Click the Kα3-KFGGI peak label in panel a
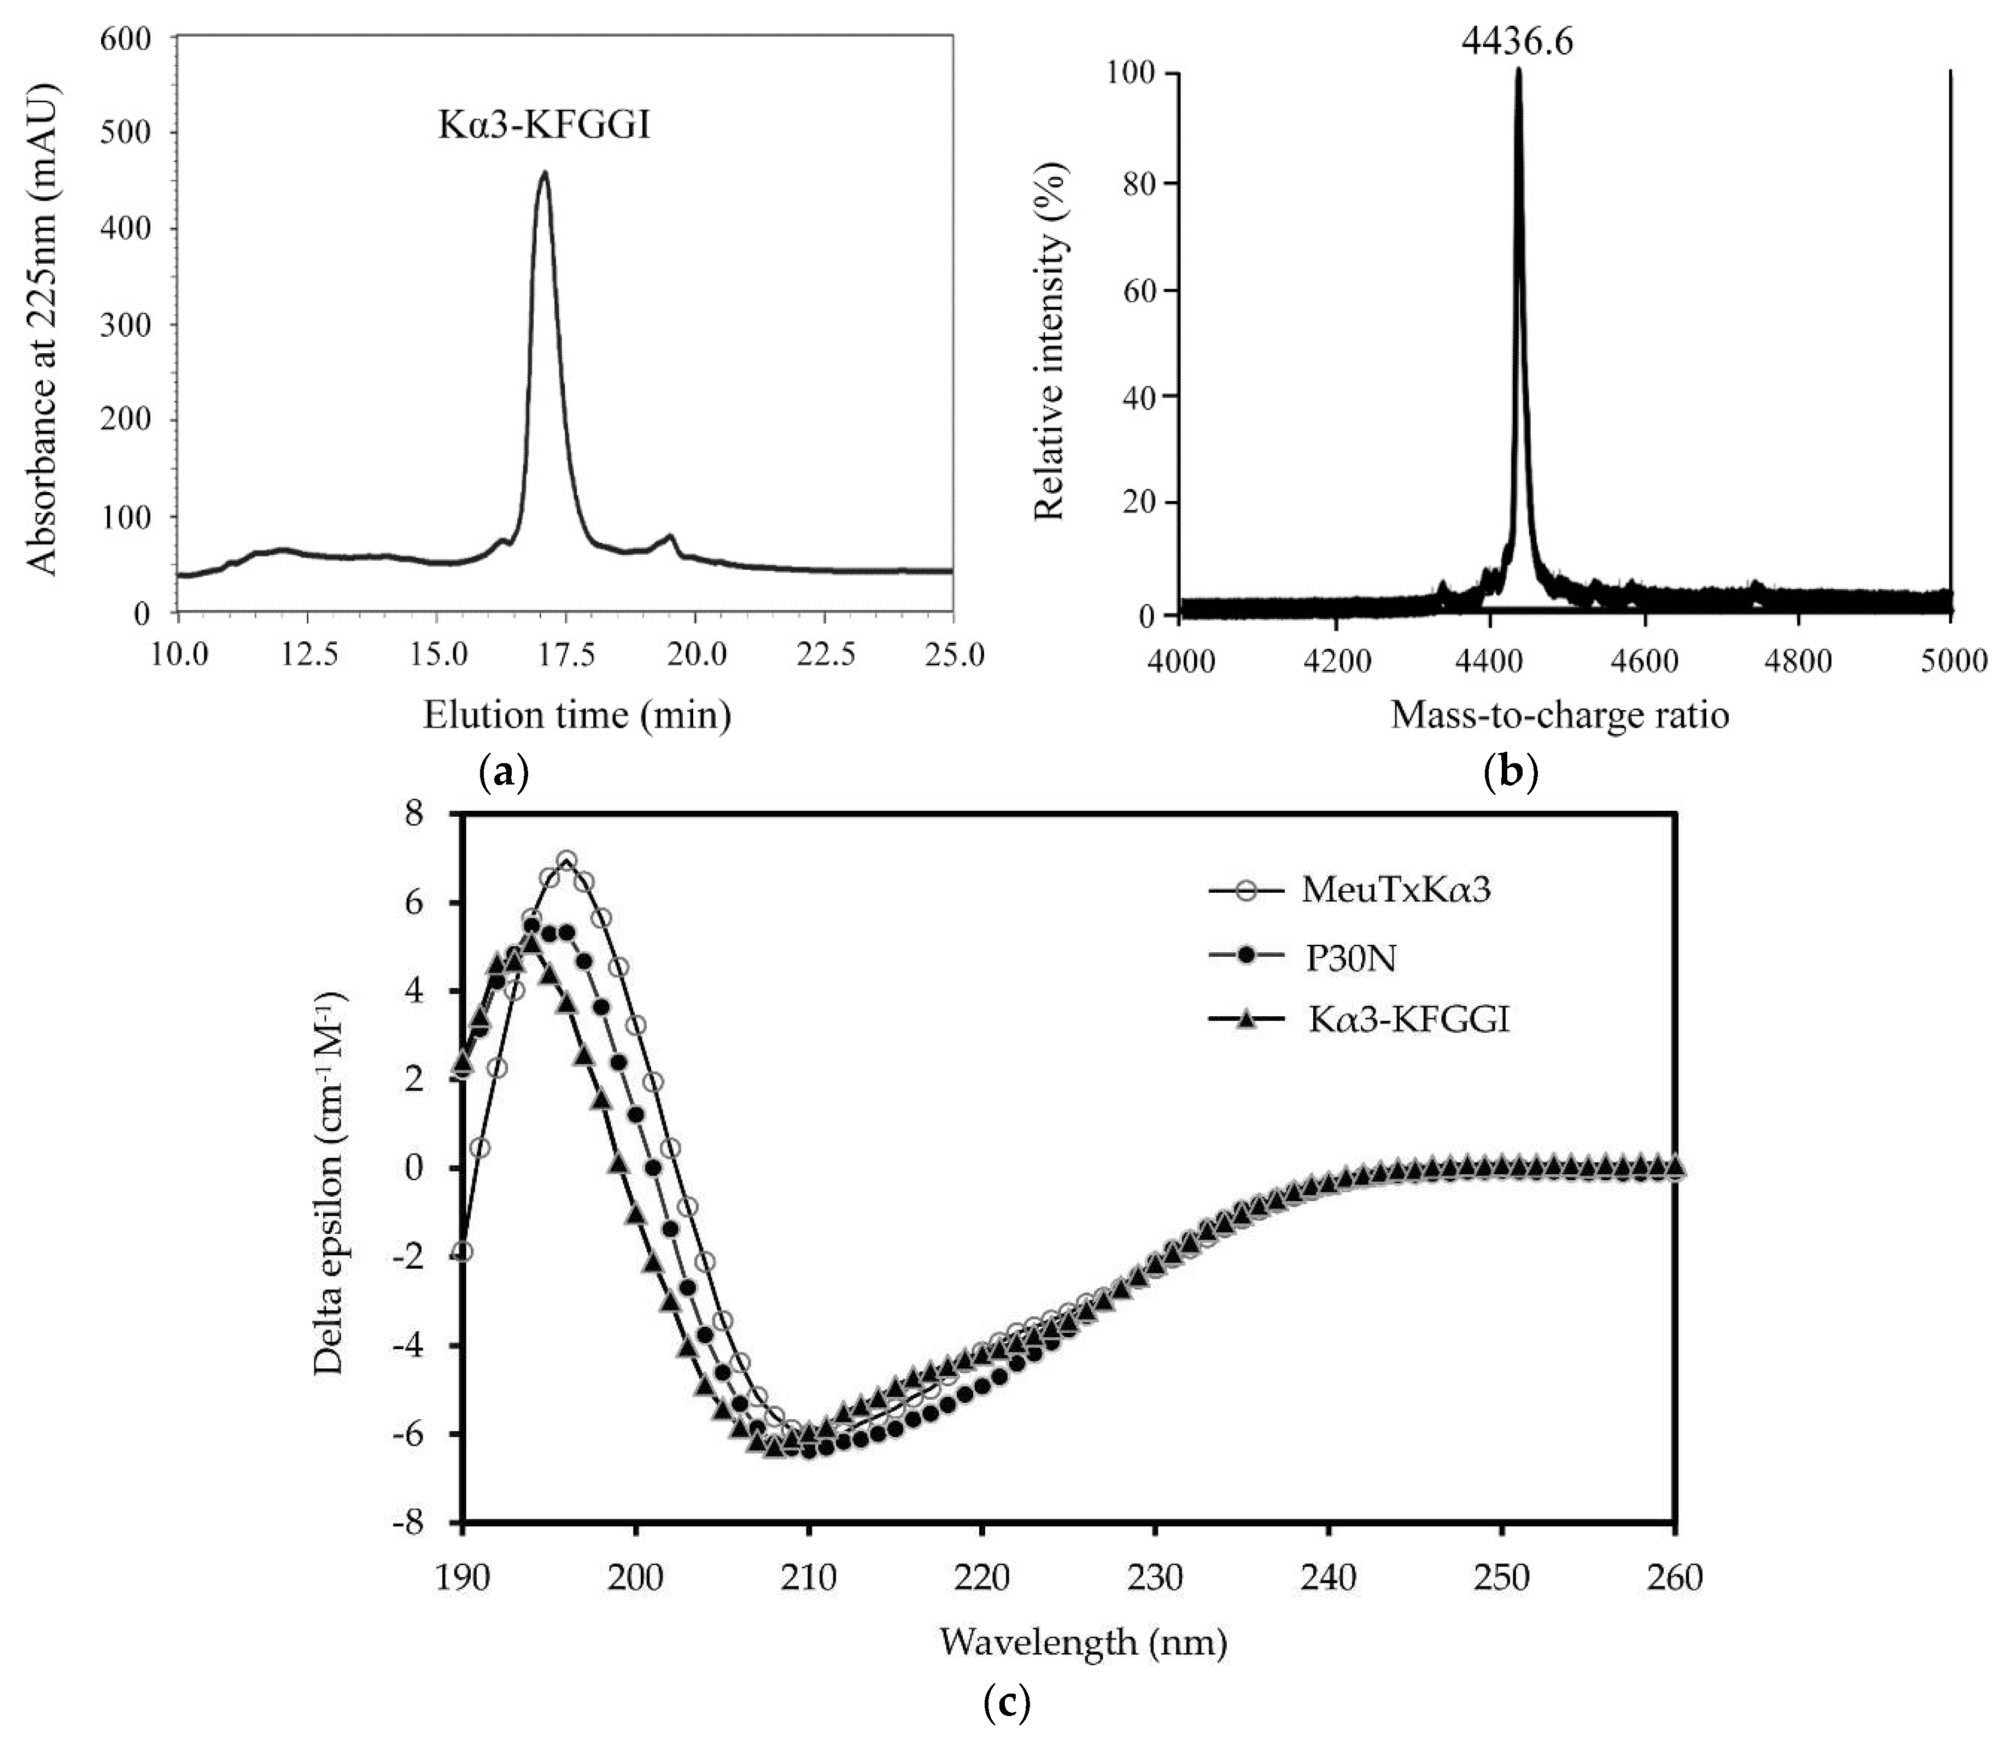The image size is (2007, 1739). (x=543, y=126)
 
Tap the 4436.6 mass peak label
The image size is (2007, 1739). (x=1517, y=41)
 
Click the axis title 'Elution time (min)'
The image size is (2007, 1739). (x=576, y=715)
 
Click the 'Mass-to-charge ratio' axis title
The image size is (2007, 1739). (x=1560, y=715)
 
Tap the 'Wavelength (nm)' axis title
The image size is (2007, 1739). (x=1083, y=1642)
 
